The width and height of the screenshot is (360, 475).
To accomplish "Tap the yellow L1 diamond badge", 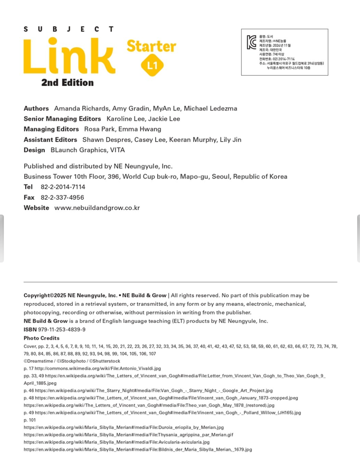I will point(152,66).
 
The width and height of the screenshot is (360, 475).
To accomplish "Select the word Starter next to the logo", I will point(151,46).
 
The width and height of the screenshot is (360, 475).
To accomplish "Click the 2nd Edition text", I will point(67,83).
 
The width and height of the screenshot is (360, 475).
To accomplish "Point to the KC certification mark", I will point(251,42).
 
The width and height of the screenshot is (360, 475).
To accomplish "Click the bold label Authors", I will point(36,109).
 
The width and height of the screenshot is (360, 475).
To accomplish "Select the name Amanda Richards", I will point(81,109).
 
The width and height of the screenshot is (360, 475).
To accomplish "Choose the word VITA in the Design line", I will point(118,150).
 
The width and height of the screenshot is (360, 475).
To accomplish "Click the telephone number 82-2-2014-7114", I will point(63,187).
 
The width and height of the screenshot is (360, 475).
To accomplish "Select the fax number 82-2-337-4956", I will point(62,198).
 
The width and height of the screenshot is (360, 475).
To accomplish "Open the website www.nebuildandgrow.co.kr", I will point(97,208).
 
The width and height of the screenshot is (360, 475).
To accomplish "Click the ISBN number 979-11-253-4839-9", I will point(62,330).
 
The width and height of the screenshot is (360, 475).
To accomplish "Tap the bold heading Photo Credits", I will point(42,338).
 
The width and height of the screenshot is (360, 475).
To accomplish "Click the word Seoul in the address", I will point(220,177).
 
